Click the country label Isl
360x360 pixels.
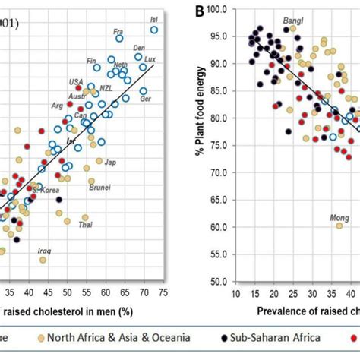tap(155, 18)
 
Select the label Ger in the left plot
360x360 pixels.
tap(145, 99)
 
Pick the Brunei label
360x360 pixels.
tap(99, 187)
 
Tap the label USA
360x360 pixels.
tap(77, 82)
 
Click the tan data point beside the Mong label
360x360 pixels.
tap(339, 226)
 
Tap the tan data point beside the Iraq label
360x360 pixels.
tap(43, 260)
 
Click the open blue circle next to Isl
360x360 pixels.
tap(154, 30)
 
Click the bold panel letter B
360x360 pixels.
tap(198, 11)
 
